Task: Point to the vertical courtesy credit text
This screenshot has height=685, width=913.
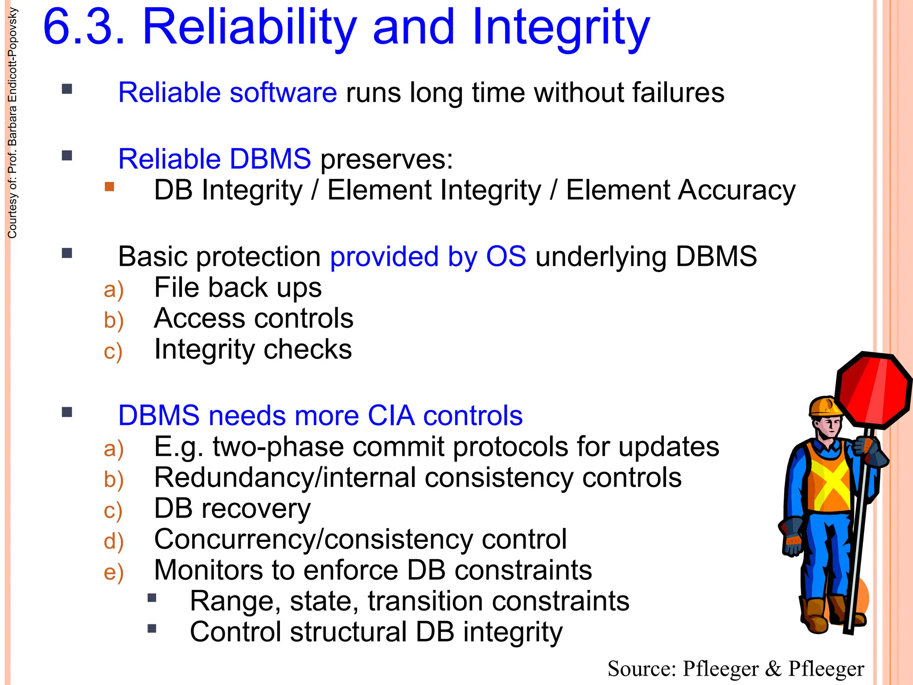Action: (12, 123)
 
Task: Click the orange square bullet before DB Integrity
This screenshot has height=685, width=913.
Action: (109, 186)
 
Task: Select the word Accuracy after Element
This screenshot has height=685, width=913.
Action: (736, 190)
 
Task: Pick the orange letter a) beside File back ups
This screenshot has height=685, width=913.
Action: (113, 289)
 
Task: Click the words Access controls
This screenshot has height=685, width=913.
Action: (253, 318)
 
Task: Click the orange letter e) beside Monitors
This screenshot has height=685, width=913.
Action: (113, 572)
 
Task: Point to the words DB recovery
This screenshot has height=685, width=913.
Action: (232, 508)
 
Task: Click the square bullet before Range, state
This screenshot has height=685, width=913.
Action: (152, 598)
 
